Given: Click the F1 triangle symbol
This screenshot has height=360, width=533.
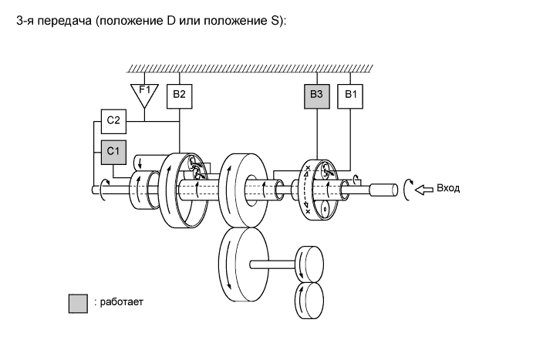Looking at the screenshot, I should pyautogui.click(x=144, y=92).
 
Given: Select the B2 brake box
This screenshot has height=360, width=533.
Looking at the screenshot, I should pyautogui.click(x=180, y=96).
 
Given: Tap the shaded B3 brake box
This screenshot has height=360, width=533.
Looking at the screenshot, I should pyautogui.click(x=316, y=96).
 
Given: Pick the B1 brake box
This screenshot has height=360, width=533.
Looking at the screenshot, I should pyautogui.click(x=351, y=96).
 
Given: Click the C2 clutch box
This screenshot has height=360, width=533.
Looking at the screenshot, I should pyautogui.click(x=113, y=121).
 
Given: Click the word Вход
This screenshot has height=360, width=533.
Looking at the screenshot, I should pyautogui.click(x=448, y=188).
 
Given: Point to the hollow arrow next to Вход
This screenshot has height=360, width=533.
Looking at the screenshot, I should pyautogui.click(x=423, y=188).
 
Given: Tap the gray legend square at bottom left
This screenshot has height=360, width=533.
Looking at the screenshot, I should pyautogui.click(x=78, y=302).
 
